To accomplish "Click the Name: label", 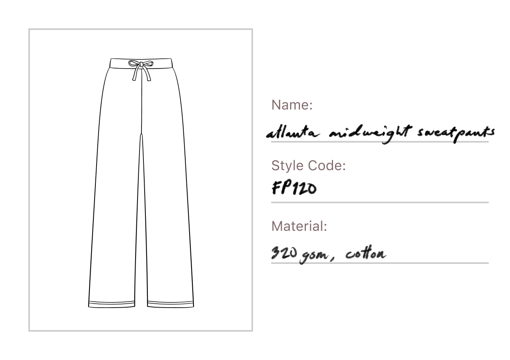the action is [291, 105].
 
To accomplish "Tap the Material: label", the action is [299, 226].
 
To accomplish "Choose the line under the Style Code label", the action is [380, 203].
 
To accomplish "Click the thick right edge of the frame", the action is [252, 181].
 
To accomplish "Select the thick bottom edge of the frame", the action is [142, 331].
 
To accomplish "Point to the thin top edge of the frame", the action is [142, 30].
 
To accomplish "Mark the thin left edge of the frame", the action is [30, 181].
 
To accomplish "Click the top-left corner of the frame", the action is [30, 30].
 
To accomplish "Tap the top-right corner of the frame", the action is [252, 30].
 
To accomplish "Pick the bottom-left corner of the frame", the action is [30, 331].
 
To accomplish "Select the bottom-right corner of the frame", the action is [252, 331].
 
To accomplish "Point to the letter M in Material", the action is [276, 226].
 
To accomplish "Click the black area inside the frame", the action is [140, 180].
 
